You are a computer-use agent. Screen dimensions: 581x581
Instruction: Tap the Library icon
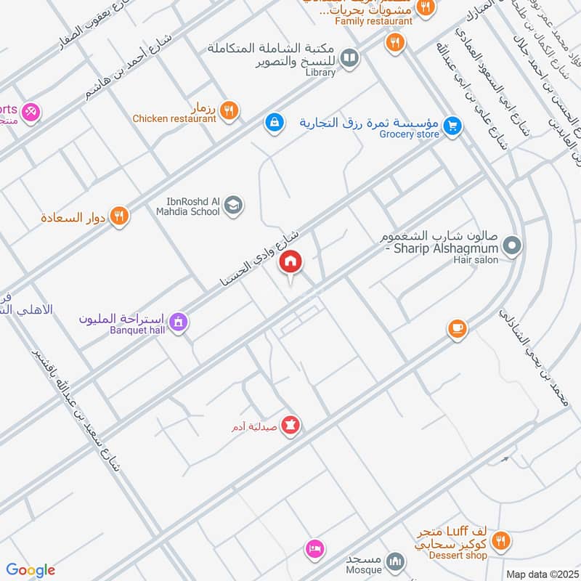click(349, 57)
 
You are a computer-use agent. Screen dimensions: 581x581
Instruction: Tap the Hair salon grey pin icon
click(512, 246)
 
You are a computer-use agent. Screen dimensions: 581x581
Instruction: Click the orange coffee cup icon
click(456, 329)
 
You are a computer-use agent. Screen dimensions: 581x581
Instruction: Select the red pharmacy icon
click(290, 426)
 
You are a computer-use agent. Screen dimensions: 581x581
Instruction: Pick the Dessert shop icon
click(500, 541)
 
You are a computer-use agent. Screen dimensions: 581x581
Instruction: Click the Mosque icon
click(395, 561)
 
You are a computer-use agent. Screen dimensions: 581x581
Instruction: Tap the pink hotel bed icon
click(314, 548)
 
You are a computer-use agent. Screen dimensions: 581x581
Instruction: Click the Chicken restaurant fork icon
click(229, 110)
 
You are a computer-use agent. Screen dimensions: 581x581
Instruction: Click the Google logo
click(31, 570)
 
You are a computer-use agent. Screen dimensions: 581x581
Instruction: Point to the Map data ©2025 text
click(540, 574)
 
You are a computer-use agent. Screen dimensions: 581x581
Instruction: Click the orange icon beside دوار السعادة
click(121, 216)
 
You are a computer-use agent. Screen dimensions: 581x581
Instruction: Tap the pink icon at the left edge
click(31, 112)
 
